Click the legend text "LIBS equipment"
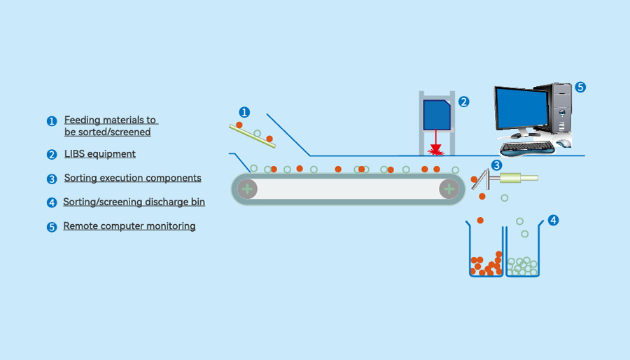coord(99,154)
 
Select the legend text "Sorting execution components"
coord(132,178)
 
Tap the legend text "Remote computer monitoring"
coord(129,226)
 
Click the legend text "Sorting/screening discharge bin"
coord(134,202)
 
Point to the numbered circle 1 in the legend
coord(51,121)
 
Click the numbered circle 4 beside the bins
coord(553,220)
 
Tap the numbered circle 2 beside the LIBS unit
coord(463,102)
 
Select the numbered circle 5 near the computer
coord(580,88)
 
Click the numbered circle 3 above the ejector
coord(496,165)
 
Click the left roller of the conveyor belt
coord(247,188)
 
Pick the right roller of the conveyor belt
coord(449,188)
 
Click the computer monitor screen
coord(521,109)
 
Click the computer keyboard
coord(526,146)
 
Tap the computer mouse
coord(563,144)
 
